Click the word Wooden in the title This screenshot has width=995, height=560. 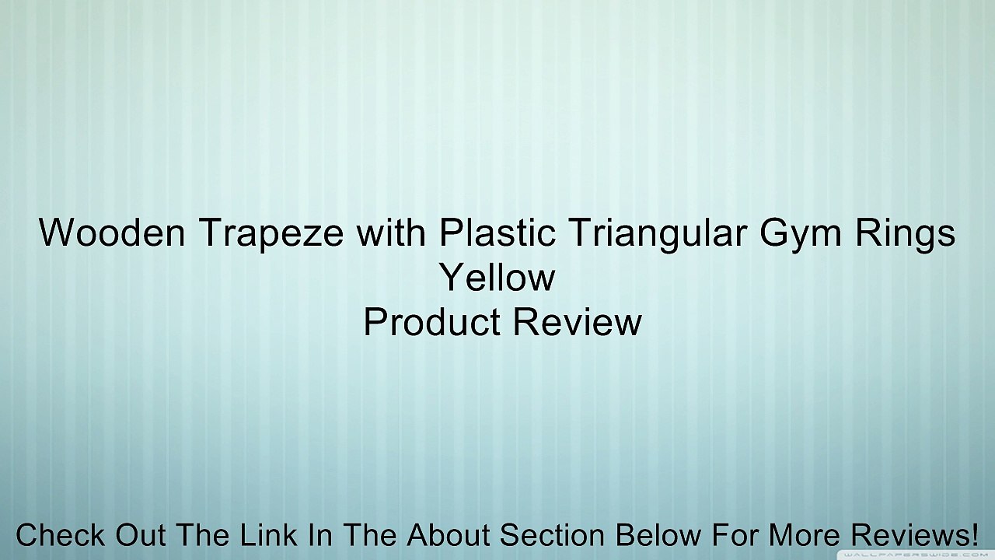click(112, 233)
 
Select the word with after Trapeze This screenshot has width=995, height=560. click(391, 232)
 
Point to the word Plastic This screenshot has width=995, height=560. click(497, 232)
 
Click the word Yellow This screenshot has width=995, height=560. click(497, 277)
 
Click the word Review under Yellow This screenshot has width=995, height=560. click(578, 321)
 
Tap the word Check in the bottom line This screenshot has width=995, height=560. click(60, 534)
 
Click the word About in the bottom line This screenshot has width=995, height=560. click(449, 534)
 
